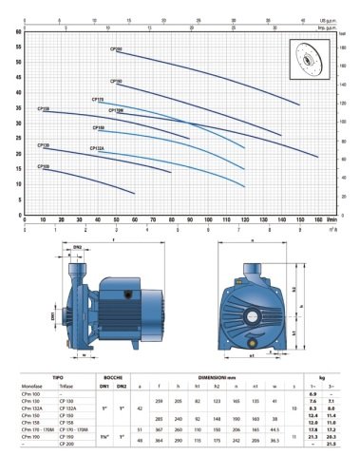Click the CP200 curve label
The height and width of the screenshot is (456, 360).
(116, 48)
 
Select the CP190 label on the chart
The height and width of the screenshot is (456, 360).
(116, 83)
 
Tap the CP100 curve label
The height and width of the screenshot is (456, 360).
(44, 167)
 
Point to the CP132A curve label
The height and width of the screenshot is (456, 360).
(97, 149)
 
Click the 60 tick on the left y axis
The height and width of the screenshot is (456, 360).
(19, 31)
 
